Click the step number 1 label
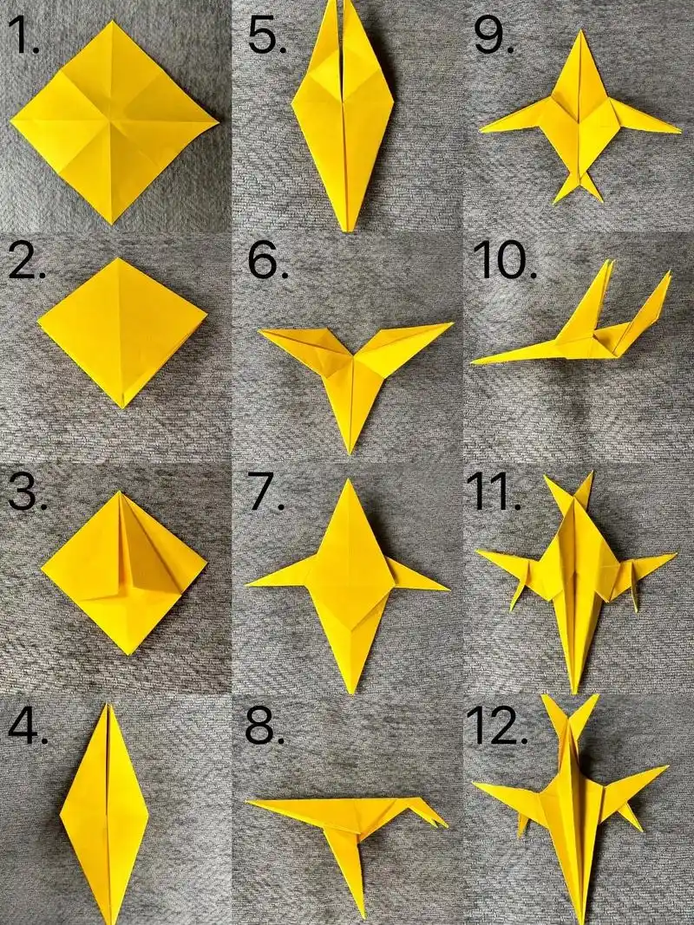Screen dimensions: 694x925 23,36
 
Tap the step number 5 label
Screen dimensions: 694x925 266,36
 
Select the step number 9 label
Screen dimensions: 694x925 494,36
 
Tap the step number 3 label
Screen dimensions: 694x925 27,492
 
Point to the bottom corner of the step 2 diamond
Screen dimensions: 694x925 122,407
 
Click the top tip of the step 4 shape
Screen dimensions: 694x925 108,704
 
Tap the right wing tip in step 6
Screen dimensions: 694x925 452,322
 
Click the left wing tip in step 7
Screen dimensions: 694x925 247,584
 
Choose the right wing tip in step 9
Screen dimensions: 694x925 680,131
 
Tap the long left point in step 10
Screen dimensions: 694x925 473,362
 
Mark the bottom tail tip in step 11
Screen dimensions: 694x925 574,692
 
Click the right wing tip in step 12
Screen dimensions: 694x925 667,767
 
